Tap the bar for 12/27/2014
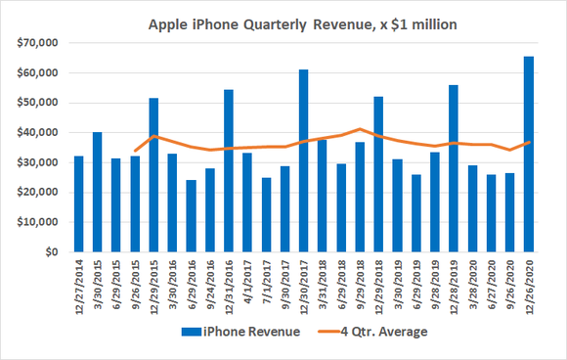click(x=78, y=204)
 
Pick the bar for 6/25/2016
click(x=191, y=216)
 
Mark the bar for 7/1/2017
click(x=266, y=215)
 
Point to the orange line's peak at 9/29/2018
click(x=360, y=128)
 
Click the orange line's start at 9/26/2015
click(x=135, y=151)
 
